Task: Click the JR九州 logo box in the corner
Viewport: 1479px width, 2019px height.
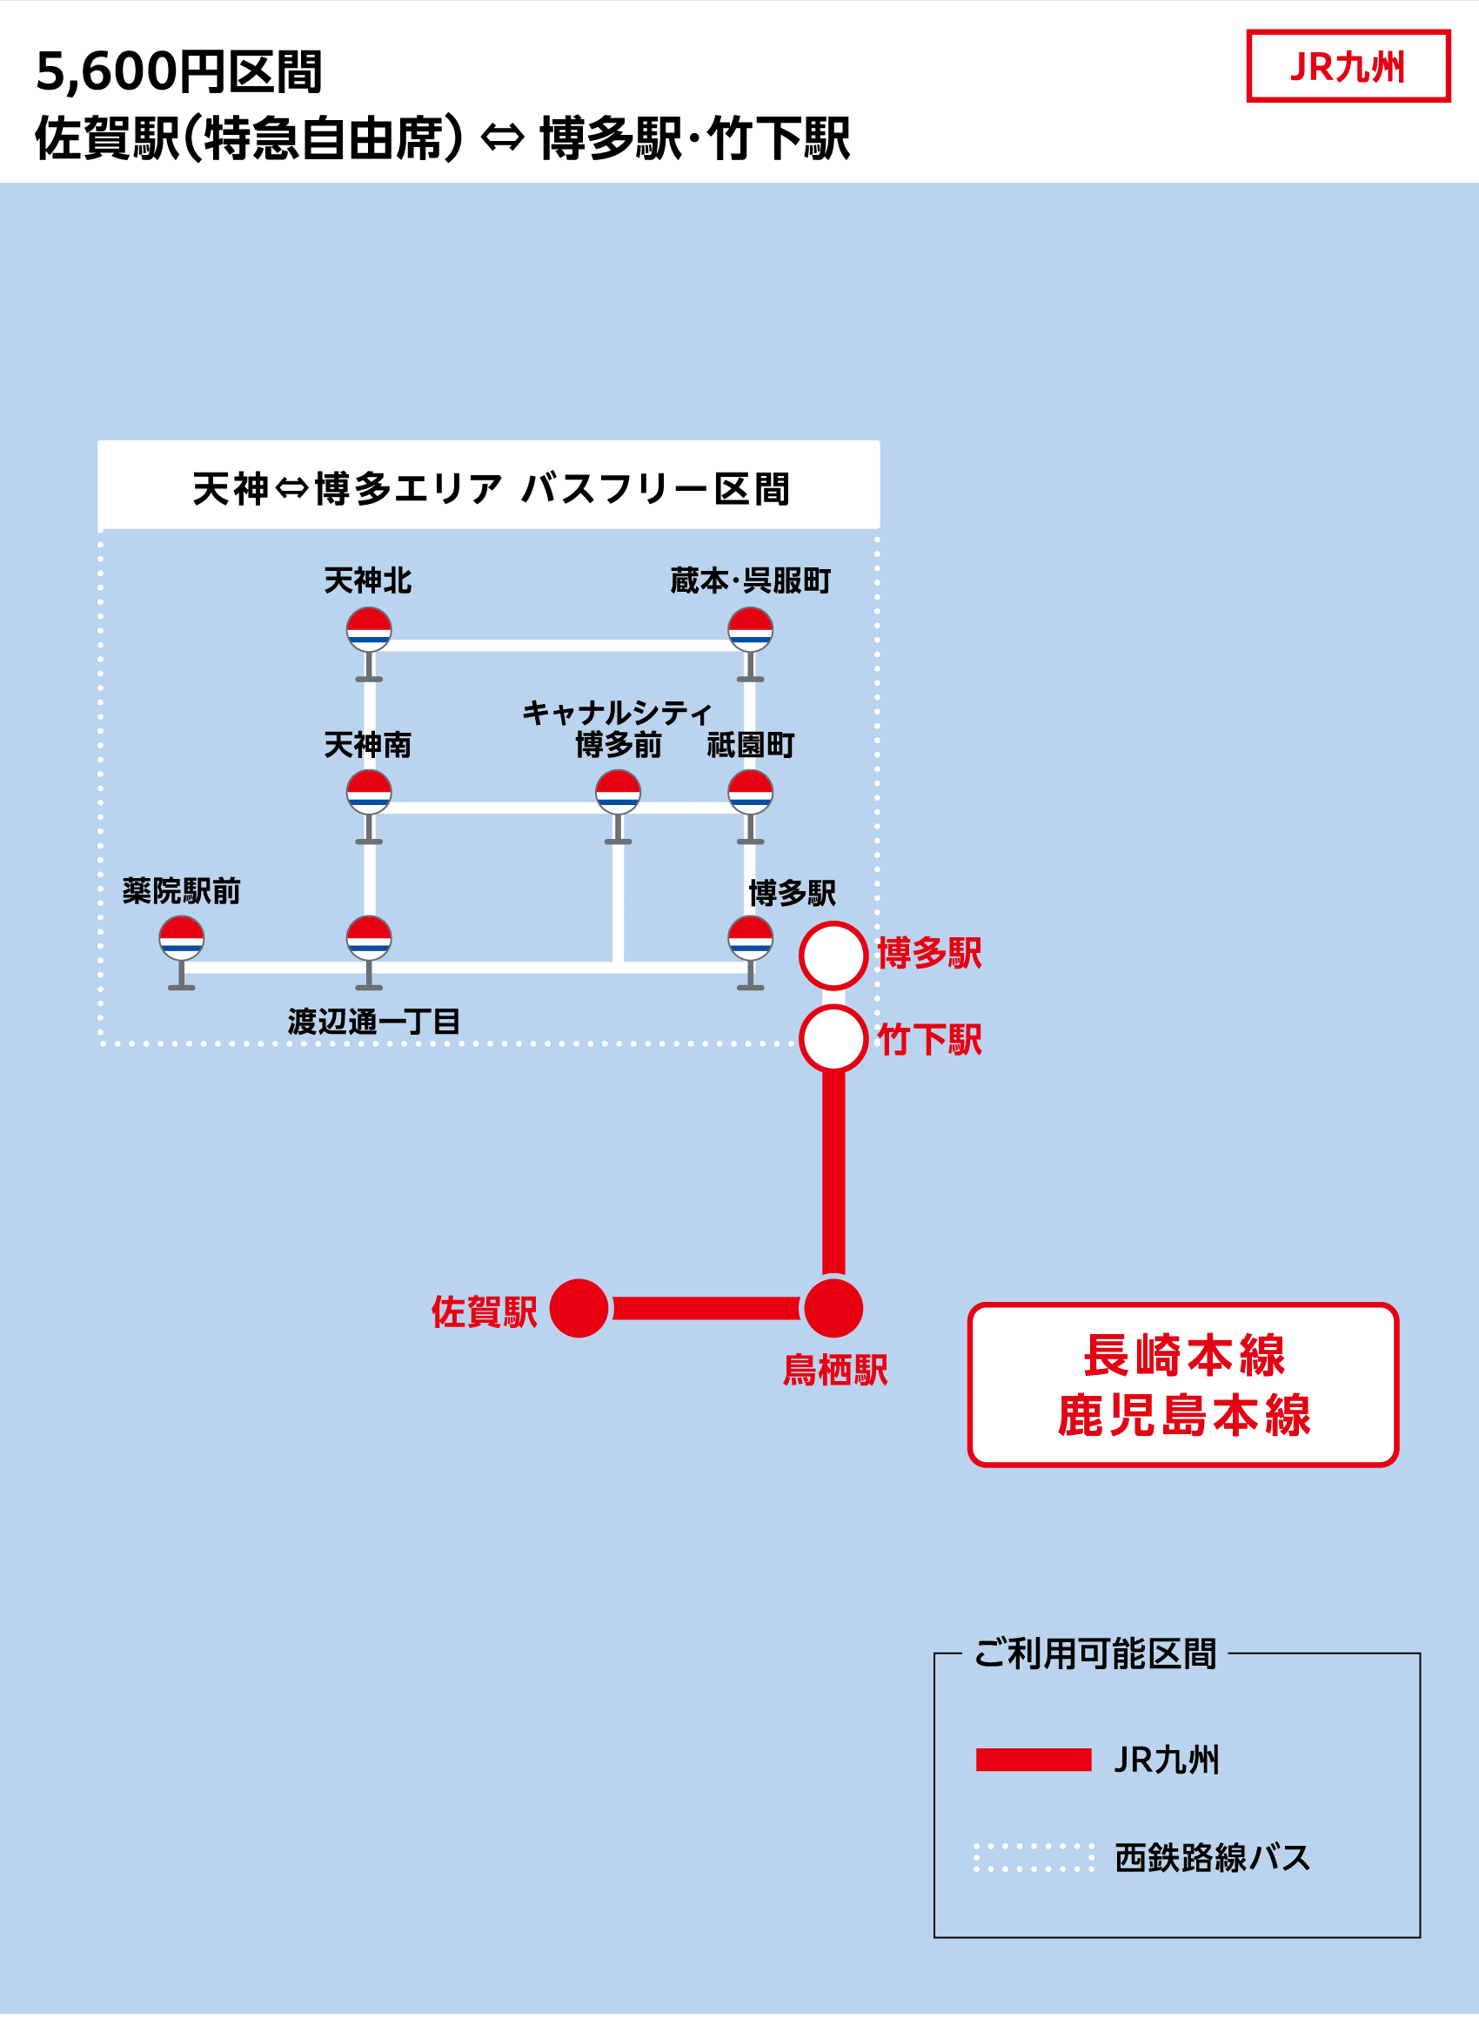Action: coord(1348,66)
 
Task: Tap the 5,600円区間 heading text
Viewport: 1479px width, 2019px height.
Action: coord(178,71)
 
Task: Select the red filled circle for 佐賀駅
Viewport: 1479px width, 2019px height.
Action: coord(579,1308)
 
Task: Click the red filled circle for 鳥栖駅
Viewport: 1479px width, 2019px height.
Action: coord(833,1308)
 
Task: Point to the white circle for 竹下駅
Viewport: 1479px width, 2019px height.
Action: coord(833,1038)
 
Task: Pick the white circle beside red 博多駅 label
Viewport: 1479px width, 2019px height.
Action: coord(833,956)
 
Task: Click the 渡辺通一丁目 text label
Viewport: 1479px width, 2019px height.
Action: coord(373,1022)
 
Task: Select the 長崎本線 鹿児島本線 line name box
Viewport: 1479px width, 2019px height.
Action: coord(1182,1385)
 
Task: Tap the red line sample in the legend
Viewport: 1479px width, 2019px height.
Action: coord(1034,1760)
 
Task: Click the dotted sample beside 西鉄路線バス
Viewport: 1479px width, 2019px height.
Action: coord(1034,1858)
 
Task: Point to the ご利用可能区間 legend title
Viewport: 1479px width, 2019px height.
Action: coord(1094,1653)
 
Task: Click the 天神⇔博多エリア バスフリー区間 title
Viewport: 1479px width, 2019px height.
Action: coord(490,489)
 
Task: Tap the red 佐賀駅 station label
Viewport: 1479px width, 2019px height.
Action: coord(484,1311)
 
